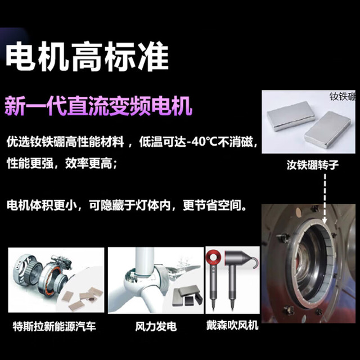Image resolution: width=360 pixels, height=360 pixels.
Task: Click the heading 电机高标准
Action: [87, 56]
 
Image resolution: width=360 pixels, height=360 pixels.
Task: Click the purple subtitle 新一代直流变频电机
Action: [98, 106]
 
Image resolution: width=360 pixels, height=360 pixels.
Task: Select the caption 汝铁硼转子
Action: [313, 165]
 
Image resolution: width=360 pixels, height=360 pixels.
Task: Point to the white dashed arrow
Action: [325, 199]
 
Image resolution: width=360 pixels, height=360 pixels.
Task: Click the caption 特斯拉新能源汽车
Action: [55, 326]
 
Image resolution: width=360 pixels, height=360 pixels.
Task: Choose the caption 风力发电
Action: [156, 326]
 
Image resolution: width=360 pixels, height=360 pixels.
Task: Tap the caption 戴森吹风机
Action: [232, 325]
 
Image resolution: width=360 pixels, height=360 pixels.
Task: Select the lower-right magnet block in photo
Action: [327, 130]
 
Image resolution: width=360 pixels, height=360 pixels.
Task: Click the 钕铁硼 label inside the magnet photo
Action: [343, 96]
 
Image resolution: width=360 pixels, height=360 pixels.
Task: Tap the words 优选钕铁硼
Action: [36, 142]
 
